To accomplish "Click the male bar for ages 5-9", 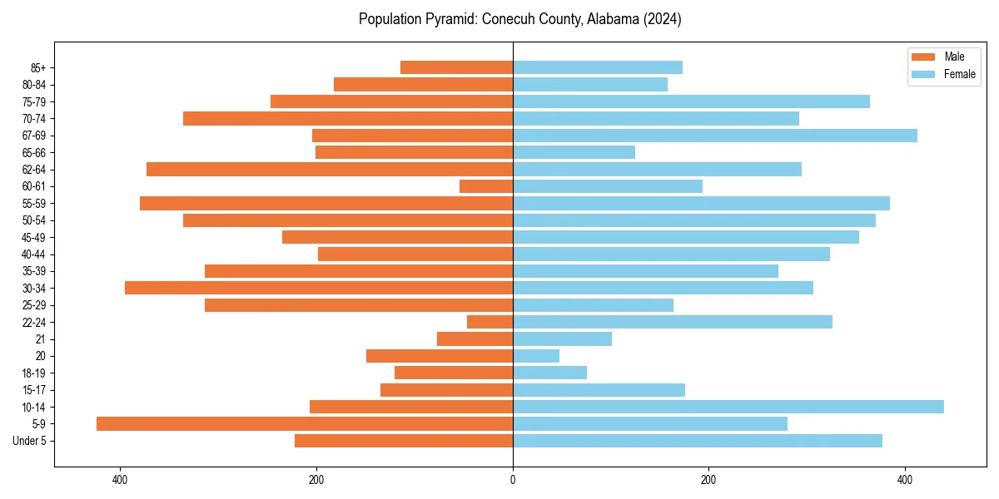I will pyautogui.click(x=304, y=423).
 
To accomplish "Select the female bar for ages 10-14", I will pyautogui.click(x=728, y=407).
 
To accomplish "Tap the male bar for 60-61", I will pyautogui.click(x=486, y=186).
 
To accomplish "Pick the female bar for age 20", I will pyautogui.click(x=536, y=356).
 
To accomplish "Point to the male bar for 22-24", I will pyautogui.click(x=490, y=322).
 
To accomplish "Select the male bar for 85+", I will pyautogui.click(x=456, y=67).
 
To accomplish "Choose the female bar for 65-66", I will pyautogui.click(x=574, y=152).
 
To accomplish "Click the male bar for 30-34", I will pyautogui.click(x=318, y=288).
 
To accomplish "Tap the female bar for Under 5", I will pyautogui.click(x=697, y=441).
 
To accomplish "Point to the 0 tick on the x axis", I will pyautogui.click(x=513, y=479).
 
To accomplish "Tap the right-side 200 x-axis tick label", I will pyautogui.click(x=708, y=479).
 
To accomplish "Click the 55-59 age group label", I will pyautogui.click(x=34, y=204).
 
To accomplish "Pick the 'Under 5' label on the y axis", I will pyautogui.click(x=29, y=441).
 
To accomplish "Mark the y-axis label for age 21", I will pyautogui.click(x=41, y=339).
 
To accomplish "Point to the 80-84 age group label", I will pyautogui.click(x=34, y=85).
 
